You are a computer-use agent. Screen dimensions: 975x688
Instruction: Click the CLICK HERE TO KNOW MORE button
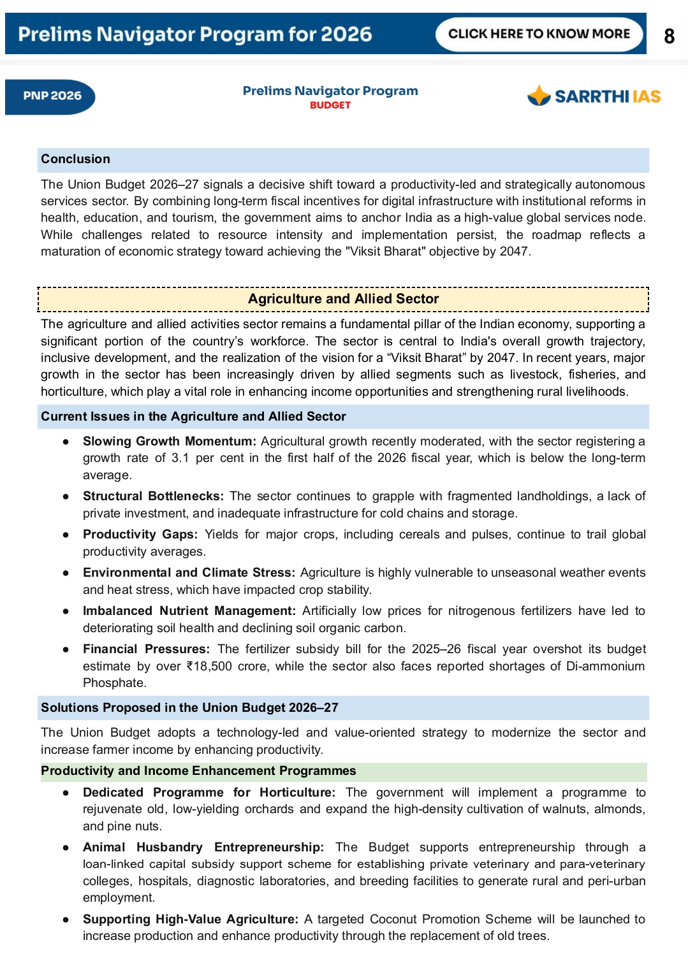point(539,34)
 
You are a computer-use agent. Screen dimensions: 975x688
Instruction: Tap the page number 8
point(669,36)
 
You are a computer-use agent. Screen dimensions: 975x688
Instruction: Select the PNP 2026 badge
point(52,96)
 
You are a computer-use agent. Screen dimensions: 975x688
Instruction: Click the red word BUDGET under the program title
point(330,105)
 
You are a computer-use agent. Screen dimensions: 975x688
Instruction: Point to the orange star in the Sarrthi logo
point(539,96)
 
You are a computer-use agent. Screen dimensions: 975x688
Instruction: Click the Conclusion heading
point(75,159)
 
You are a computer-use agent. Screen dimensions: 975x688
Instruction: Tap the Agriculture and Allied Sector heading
point(343,299)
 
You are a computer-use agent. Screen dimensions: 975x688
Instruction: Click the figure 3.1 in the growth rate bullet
point(180,458)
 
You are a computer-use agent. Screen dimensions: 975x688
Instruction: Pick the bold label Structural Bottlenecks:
point(153,496)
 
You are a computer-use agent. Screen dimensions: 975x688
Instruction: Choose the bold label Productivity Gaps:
point(140,535)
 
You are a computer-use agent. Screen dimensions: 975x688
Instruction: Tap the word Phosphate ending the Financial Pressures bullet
point(114,683)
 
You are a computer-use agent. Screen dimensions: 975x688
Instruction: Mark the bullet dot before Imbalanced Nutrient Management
point(66,611)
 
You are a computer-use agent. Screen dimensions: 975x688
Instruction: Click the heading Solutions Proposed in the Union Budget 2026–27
point(189,708)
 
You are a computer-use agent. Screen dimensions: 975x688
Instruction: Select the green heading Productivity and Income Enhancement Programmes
point(198,771)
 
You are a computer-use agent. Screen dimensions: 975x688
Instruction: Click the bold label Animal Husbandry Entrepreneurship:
point(203,848)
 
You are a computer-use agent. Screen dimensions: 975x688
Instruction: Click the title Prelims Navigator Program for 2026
point(194,34)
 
